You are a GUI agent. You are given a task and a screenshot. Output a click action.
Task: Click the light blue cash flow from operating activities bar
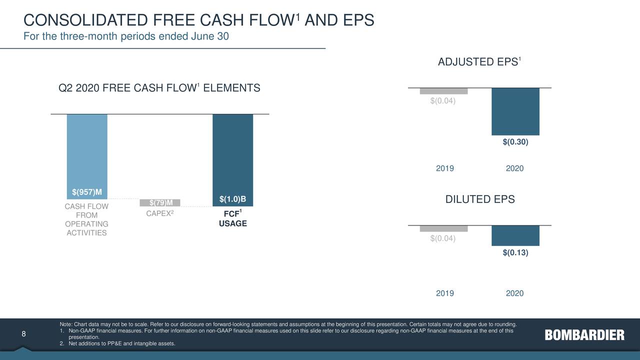[x=87, y=150]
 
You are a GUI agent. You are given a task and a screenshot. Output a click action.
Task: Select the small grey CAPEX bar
[x=159, y=202]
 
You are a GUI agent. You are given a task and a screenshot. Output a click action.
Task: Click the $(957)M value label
[x=87, y=192]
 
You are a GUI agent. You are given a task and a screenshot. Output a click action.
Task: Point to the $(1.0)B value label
[x=232, y=199]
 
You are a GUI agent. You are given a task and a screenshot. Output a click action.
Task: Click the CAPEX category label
[x=159, y=214]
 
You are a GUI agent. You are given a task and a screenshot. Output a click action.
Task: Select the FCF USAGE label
[x=232, y=219]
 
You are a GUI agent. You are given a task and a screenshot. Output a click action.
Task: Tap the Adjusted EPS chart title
[x=479, y=62]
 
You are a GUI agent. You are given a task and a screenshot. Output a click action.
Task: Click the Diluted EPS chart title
[x=479, y=199]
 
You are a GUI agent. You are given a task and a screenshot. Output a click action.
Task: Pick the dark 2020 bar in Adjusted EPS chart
[x=515, y=111]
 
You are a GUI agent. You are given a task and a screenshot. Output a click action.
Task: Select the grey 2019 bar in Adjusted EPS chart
[x=443, y=91]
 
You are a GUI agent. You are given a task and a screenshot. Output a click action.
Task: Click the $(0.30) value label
[x=515, y=142]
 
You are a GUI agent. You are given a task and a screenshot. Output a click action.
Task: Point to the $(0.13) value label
[x=515, y=253]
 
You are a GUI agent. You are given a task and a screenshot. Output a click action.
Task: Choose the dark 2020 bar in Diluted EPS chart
[x=515, y=235]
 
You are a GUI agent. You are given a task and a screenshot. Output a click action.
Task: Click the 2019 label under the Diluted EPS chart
[x=444, y=293]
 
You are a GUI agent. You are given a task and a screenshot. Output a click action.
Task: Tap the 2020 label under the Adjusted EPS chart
[x=514, y=168]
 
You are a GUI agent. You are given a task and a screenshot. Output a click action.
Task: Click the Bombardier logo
[x=584, y=335]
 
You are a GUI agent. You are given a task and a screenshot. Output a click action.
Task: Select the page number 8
[x=23, y=334]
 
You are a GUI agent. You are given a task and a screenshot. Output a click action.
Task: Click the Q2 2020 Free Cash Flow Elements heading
[x=159, y=88]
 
